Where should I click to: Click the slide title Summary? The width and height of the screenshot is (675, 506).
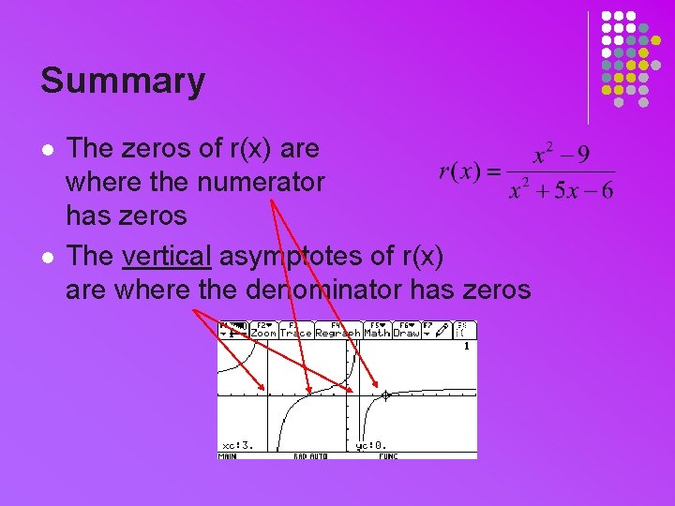click(x=122, y=81)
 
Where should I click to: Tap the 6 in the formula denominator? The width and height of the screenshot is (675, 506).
click(x=607, y=191)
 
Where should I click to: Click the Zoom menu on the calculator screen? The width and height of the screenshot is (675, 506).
click(x=263, y=333)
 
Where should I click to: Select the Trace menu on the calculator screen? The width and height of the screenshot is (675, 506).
click(x=295, y=333)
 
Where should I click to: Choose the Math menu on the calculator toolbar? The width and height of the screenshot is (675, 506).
click(x=377, y=333)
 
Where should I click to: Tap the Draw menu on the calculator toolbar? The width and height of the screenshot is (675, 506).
click(x=406, y=333)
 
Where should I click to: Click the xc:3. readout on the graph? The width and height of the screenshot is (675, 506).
click(x=236, y=445)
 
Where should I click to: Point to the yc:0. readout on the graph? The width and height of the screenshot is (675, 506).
click(x=370, y=445)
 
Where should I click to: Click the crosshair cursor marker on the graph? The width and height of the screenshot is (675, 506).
click(x=385, y=395)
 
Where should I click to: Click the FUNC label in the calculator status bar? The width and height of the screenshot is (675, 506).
click(x=388, y=456)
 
